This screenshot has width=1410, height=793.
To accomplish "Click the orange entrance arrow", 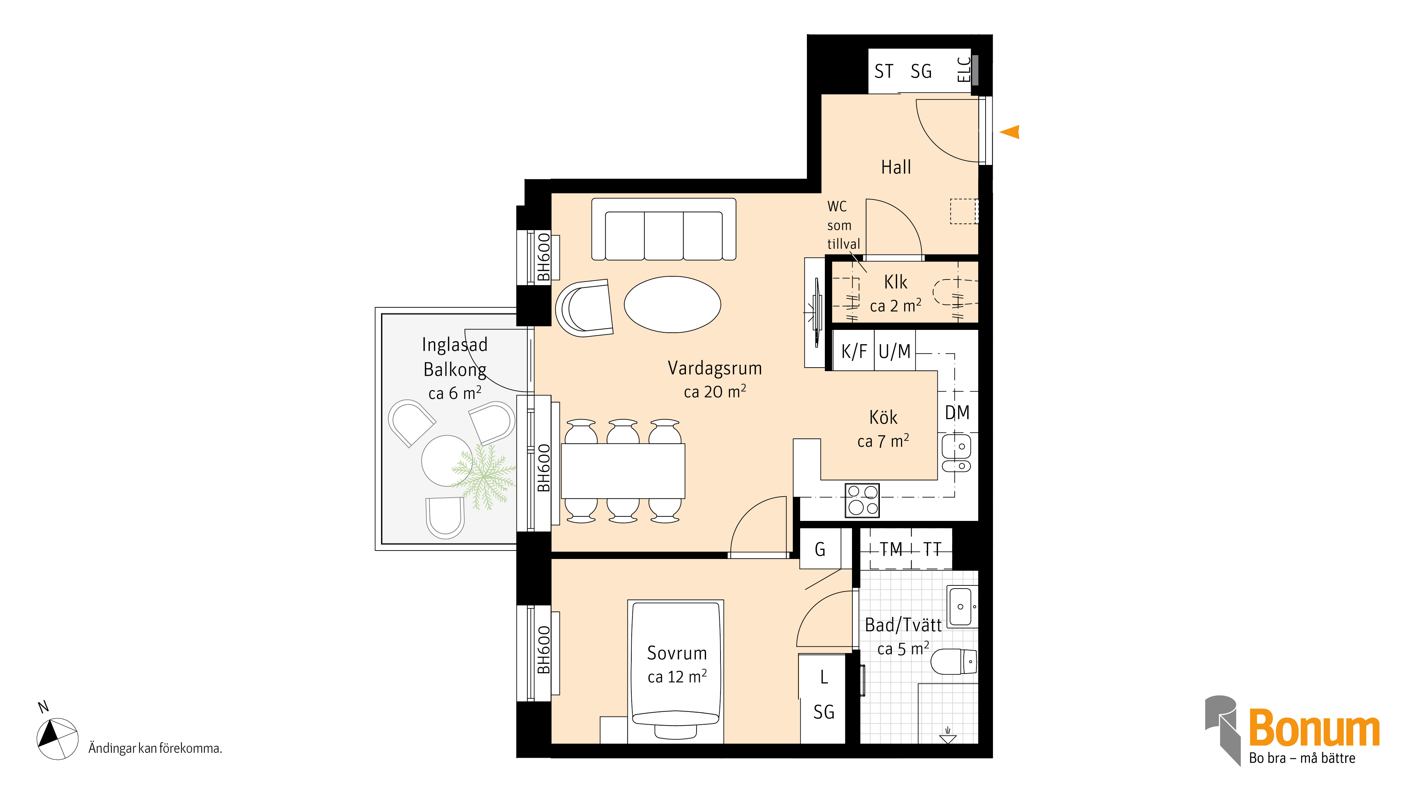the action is pyautogui.click(x=1010, y=132).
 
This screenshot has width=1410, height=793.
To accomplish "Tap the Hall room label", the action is pyautogui.click(x=896, y=167).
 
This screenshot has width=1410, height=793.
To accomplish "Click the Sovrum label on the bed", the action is pyautogui.click(x=677, y=653).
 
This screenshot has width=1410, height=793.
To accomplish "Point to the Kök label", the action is pyautogui.click(x=883, y=418).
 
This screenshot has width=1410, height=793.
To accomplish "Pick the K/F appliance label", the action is pyautogui.click(x=854, y=351).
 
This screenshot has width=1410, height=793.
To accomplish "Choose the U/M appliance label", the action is pyautogui.click(x=894, y=351).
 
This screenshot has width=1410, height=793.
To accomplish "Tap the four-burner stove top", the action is pyautogui.click(x=862, y=500).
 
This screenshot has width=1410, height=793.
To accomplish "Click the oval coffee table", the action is pyautogui.click(x=672, y=304).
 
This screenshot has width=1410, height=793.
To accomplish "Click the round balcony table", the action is pyautogui.click(x=447, y=461).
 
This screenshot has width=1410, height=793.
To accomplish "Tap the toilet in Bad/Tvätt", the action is pyautogui.click(x=954, y=662).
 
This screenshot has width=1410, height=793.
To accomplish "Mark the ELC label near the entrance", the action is pyautogui.click(x=964, y=69).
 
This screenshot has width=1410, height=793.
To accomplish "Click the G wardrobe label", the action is pyautogui.click(x=820, y=549).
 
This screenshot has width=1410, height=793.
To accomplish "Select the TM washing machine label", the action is pyautogui.click(x=890, y=549).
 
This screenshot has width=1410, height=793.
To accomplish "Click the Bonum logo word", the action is pyautogui.click(x=1314, y=728).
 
